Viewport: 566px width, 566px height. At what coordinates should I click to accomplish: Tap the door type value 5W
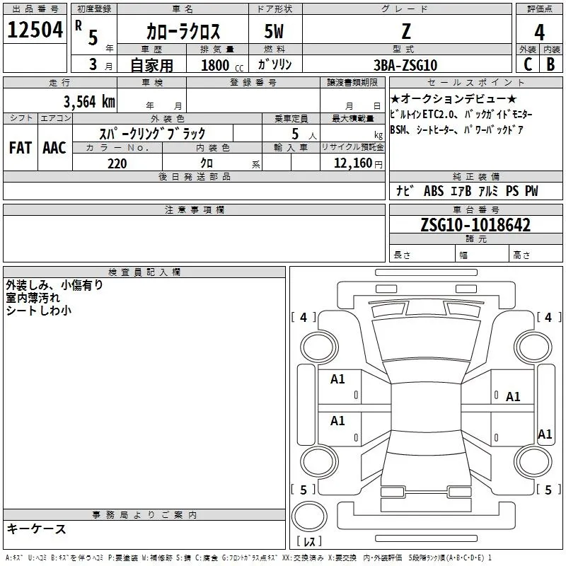point(274,32)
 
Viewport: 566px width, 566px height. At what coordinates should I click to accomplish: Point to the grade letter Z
point(405,31)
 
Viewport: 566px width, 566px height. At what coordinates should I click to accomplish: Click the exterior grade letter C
point(527,64)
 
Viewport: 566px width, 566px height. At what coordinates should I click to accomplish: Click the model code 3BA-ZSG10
point(405,65)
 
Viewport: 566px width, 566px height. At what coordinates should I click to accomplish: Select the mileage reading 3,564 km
point(88,101)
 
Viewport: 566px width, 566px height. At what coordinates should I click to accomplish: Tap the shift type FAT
point(20,148)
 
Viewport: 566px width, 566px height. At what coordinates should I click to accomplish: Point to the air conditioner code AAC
point(54,148)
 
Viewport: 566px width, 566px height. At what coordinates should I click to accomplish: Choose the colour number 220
point(117,163)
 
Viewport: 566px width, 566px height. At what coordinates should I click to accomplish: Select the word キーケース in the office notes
point(36,529)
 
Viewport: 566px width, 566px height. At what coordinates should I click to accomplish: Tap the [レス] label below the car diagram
point(308,542)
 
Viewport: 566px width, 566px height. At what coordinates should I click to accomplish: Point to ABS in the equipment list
point(433,191)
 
